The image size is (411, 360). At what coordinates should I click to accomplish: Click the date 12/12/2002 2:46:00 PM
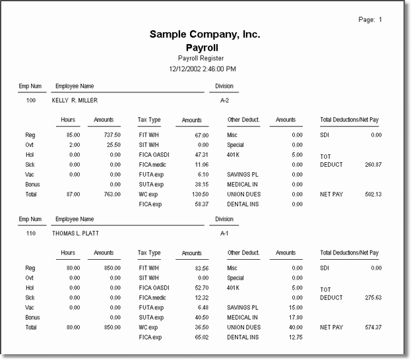pos(203,69)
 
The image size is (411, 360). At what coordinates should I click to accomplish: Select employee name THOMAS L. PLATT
pos(80,233)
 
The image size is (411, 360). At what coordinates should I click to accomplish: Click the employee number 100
pos(31,101)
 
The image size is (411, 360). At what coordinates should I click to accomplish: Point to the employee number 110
pos(31,233)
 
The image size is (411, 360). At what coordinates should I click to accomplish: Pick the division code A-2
pos(225,101)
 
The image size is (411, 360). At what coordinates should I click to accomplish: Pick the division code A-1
pos(225,233)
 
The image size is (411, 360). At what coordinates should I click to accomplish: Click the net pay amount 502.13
pos(373,195)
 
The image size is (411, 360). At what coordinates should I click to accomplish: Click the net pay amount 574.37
pos(373,327)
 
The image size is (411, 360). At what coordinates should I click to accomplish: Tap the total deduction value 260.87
pos(373,164)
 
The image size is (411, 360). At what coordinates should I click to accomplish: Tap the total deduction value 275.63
pos(373,297)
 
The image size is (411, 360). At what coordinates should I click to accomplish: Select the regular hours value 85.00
pos(73,135)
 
